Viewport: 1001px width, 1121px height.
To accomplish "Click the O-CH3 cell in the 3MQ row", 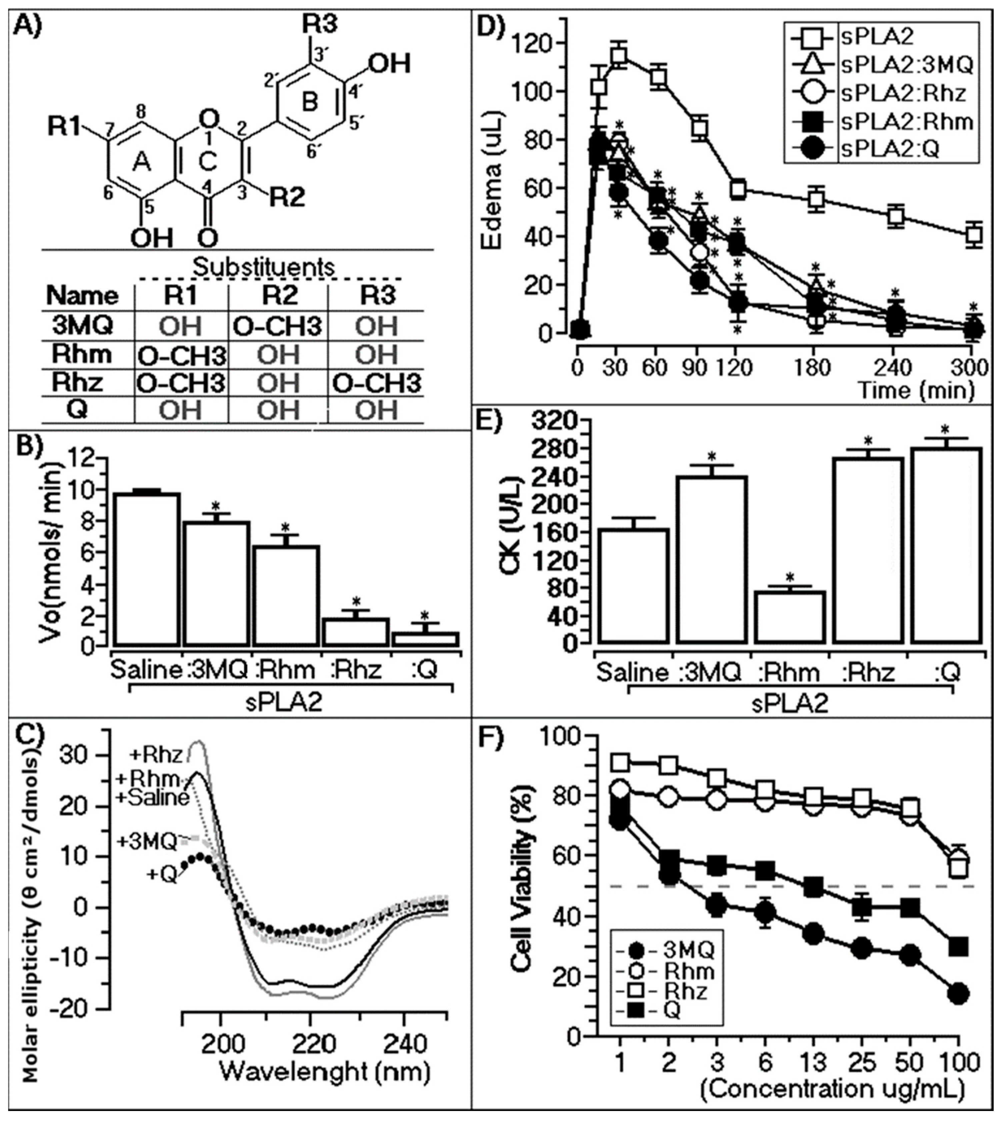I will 277,326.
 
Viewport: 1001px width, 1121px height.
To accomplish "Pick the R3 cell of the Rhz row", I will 377,383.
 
